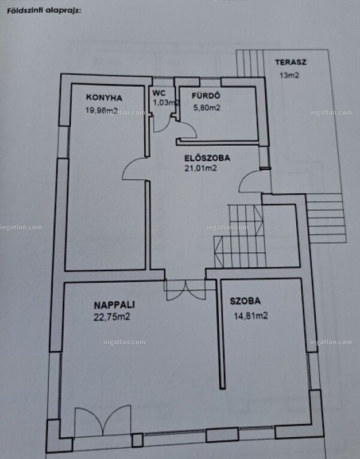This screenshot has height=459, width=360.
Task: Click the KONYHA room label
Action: point(104,98)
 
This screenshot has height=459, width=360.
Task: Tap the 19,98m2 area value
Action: point(102,110)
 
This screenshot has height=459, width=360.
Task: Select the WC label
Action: point(159,93)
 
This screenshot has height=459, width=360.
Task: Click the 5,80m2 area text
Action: point(207,108)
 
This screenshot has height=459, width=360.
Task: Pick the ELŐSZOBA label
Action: point(207,158)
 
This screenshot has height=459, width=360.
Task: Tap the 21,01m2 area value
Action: point(200,168)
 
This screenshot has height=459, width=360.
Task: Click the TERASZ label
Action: point(291,63)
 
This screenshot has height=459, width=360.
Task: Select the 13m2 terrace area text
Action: point(289,75)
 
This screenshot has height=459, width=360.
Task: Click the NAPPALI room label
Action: point(114,305)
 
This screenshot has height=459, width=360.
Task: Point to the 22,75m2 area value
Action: point(112,317)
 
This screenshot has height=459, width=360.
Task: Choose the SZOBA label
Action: point(245,301)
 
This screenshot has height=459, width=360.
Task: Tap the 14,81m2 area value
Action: point(251,316)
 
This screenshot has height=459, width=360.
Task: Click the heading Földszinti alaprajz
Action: point(44,11)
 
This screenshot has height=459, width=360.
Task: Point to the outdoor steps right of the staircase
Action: point(326,218)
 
